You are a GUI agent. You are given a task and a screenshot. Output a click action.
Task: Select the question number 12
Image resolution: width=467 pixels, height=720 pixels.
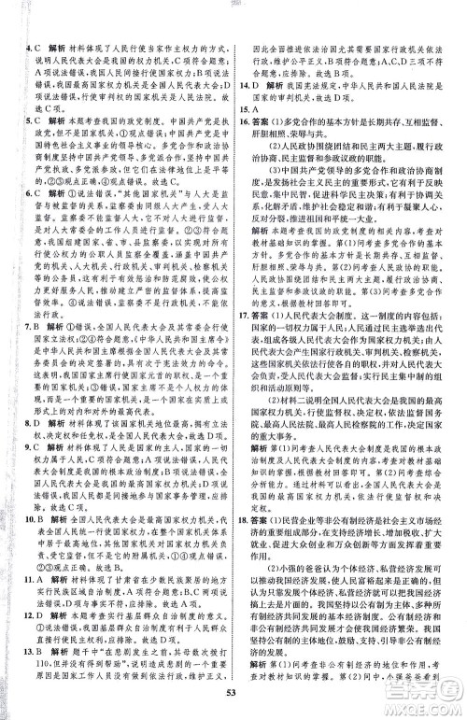[x=31, y=641]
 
